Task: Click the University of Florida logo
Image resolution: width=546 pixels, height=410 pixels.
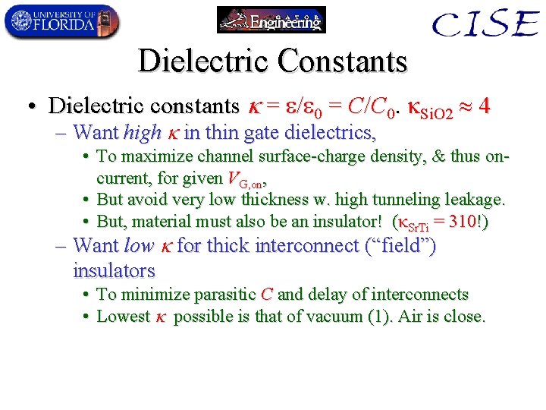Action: tap(61, 20)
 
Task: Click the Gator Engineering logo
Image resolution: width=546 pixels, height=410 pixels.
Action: tap(271, 20)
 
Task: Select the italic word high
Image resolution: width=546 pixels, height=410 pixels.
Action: tap(142, 133)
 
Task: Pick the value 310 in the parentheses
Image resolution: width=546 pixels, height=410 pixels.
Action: tap(465, 222)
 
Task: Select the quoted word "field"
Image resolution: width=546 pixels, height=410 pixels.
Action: tap(402, 245)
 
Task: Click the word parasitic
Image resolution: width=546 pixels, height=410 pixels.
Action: tap(227, 295)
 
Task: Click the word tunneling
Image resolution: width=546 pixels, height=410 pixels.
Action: tap(390, 200)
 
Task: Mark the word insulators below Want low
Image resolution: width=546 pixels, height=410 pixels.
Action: tap(114, 270)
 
